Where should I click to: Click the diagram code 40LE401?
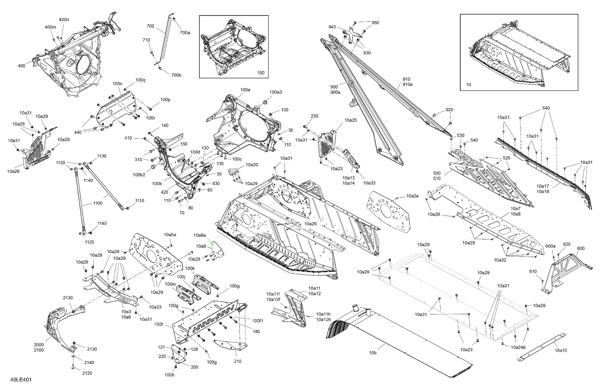click(21, 379)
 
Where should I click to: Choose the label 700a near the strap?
click(185, 33)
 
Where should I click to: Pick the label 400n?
click(64, 20)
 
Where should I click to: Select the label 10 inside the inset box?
click(468, 85)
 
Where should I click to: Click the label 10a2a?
click(412, 196)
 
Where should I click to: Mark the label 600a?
click(550, 246)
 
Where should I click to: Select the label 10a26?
click(13, 171)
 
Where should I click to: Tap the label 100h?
click(169, 375)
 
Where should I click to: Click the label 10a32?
click(500, 260)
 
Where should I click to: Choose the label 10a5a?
click(170, 235)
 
